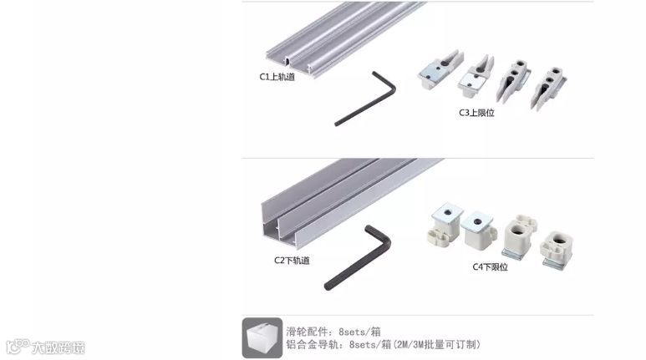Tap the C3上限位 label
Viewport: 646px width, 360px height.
tap(476, 112)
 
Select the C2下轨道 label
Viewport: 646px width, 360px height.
tap(292, 260)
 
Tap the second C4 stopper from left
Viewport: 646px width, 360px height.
tap(480, 226)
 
